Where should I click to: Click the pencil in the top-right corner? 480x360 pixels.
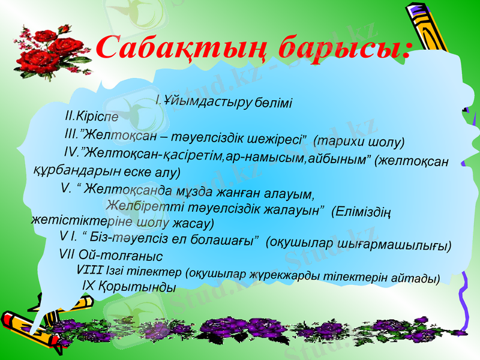tap(429, 24)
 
